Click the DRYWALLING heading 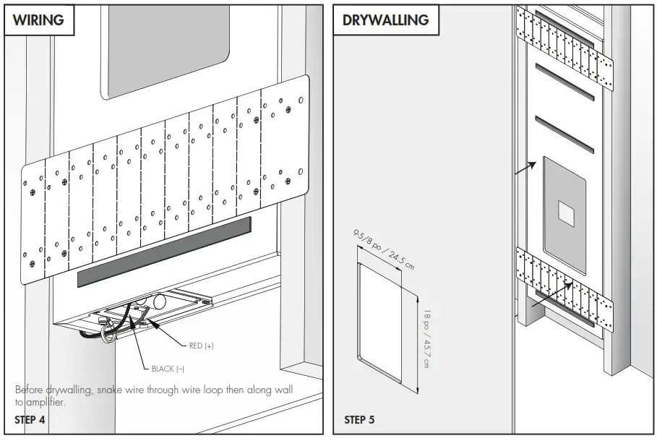385,20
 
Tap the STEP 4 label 30,419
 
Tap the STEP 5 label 359,419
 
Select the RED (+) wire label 201,346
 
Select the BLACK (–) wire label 168,369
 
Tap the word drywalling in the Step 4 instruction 65,390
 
